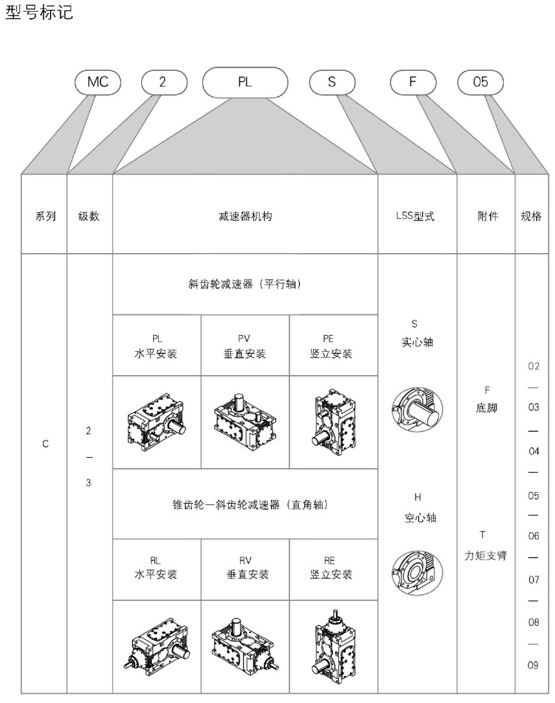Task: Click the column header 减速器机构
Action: click(245, 217)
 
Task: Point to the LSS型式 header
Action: click(417, 217)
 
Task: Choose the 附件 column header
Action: click(486, 217)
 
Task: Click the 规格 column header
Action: click(531, 217)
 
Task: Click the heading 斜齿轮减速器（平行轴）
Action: click(245, 284)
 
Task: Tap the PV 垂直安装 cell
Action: click(245, 345)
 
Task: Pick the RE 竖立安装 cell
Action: click(333, 568)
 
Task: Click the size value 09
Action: click(534, 665)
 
